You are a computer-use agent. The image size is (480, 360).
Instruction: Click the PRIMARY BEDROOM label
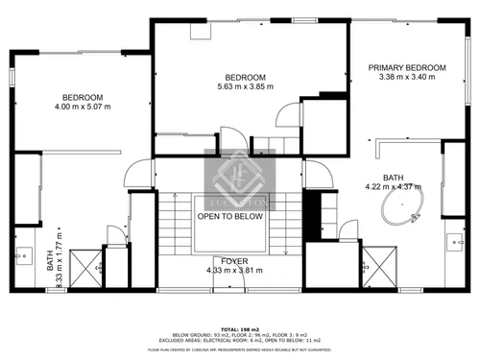click(x=408, y=67)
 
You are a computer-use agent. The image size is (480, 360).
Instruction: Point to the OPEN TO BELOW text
click(x=230, y=217)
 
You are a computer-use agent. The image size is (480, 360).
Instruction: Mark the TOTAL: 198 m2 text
click(x=241, y=327)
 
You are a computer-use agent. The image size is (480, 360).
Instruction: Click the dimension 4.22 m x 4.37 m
click(x=394, y=186)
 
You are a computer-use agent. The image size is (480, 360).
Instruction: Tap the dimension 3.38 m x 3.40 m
click(x=408, y=77)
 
